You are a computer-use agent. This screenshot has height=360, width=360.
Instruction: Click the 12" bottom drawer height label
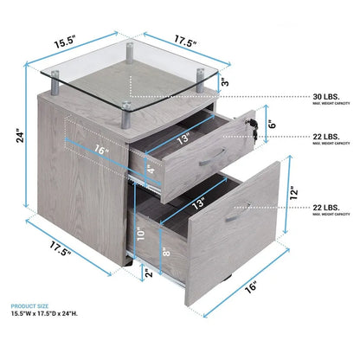(x=295, y=191)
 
